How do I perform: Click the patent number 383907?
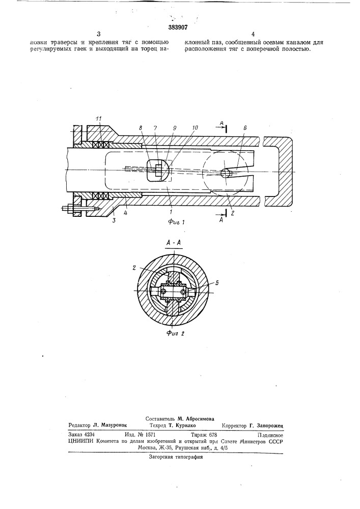178,27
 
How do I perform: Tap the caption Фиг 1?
176,222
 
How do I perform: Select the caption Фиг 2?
175,333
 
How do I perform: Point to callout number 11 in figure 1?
99,120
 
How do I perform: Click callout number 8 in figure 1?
141,128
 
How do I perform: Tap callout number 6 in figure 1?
245,128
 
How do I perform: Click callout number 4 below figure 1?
126,214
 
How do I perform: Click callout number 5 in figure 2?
217,283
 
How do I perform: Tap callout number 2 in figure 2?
134,268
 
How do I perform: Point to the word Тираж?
199,435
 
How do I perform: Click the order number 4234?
89,435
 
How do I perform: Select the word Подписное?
270,435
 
